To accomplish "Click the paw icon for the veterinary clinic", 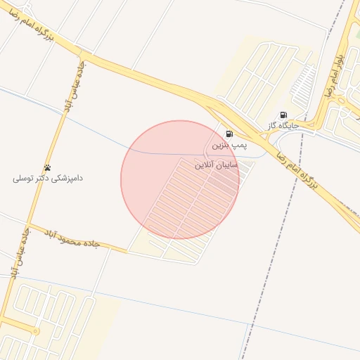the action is coord(48,167).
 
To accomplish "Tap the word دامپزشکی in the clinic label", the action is coord(67,179).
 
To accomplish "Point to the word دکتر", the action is coord(44,179).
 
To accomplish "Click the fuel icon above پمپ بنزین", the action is coord(229,134).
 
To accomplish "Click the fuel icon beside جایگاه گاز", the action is coord(283,115).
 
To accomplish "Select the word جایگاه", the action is coord(289,126).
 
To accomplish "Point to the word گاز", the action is coord(272,126).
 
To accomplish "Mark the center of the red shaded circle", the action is coord(180,180).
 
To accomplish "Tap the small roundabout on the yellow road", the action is coord(36,330).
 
